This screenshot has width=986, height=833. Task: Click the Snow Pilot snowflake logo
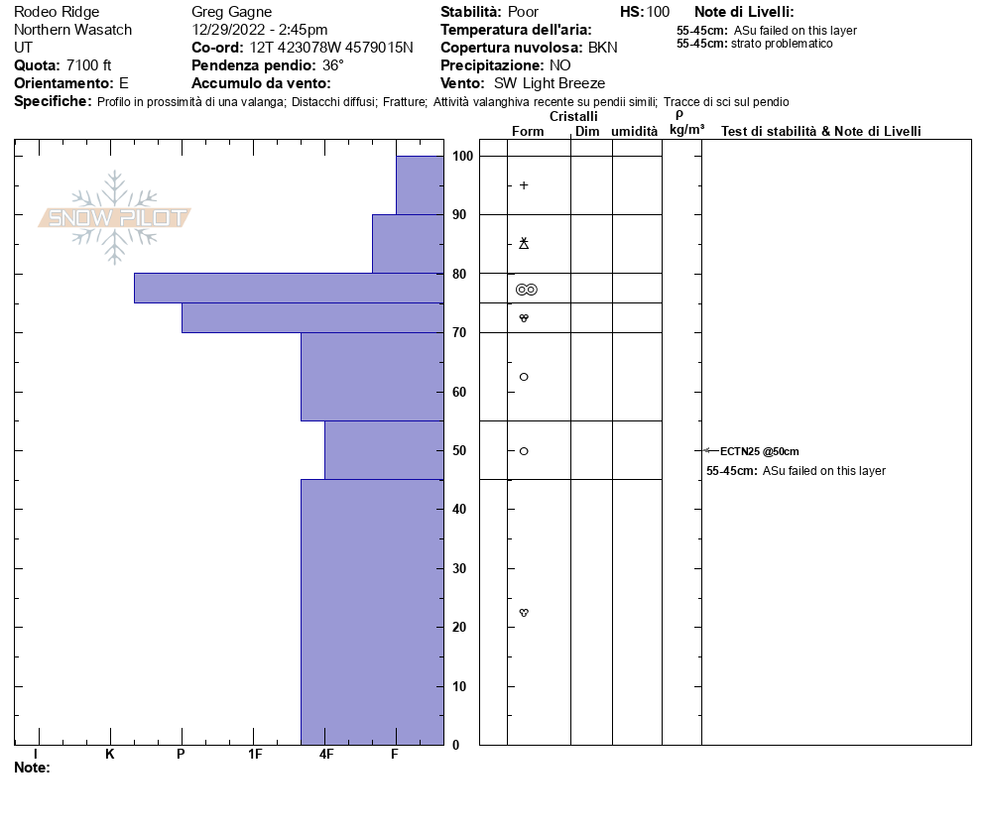(x=115, y=217)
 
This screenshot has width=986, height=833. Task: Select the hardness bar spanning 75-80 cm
(x=289, y=288)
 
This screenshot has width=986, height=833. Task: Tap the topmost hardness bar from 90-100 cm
(x=420, y=185)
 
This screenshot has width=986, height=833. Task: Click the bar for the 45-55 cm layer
(x=384, y=450)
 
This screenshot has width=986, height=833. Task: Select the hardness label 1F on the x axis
(x=255, y=755)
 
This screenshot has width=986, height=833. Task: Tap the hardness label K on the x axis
(x=110, y=755)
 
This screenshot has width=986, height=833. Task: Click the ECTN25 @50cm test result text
(x=759, y=451)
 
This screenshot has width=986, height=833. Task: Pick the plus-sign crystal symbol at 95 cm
(x=524, y=185)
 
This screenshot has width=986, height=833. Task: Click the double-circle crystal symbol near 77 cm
(x=527, y=290)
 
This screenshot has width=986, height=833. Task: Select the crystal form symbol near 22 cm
(x=524, y=613)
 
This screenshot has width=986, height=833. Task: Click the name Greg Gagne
(x=231, y=12)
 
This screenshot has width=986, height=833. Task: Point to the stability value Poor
(x=523, y=12)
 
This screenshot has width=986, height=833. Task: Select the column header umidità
(x=634, y=132)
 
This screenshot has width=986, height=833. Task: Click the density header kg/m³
(x=686, y=130)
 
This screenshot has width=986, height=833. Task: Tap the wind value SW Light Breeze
(x=549, y=83)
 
